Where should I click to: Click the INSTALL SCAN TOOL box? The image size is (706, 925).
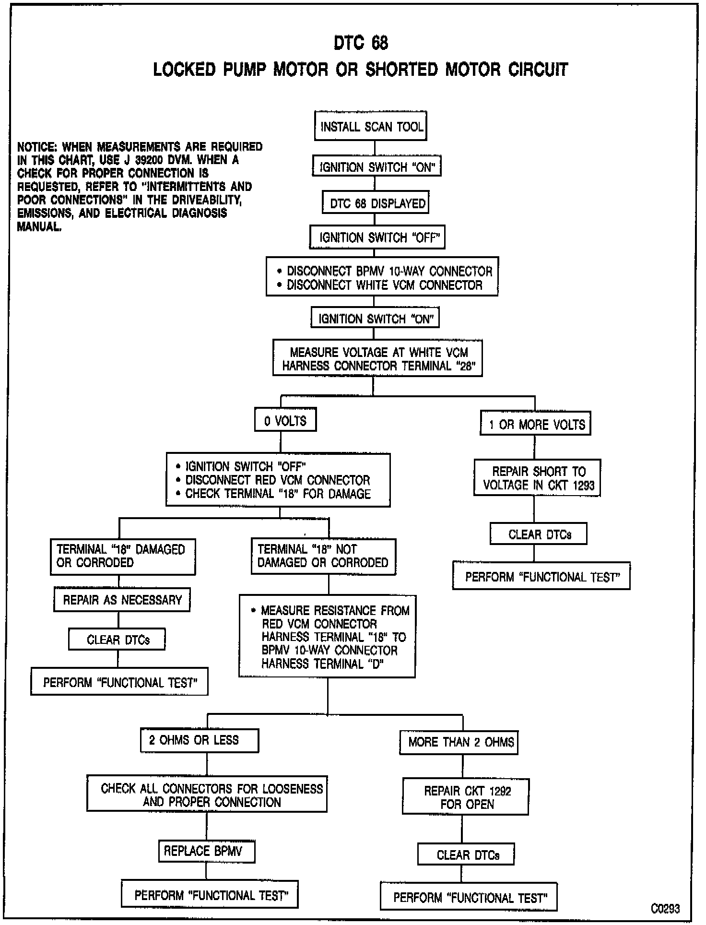[370, 126]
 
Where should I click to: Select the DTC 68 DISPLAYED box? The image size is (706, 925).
[375, 203]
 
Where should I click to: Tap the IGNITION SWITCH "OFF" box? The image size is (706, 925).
[377, 237]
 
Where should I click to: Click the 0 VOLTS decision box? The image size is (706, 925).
[285, 421]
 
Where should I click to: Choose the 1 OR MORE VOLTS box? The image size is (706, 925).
[535, 424]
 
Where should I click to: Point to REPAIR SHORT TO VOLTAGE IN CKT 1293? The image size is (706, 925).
[537, 478]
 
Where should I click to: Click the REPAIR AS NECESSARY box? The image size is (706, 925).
[122, 600]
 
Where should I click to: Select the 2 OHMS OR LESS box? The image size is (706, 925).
[200, 740]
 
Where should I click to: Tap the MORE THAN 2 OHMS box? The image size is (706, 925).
[459, 742]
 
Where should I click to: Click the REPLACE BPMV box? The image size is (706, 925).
[206, 851]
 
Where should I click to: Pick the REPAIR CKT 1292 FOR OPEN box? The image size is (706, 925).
[465, 797]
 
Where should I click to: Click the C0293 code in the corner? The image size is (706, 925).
[665, 908]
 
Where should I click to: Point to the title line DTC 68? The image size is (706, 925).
[361, 43]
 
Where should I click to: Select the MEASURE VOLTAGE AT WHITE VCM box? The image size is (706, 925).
[377, 358]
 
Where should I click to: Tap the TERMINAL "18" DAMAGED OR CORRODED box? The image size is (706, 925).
[123, 557]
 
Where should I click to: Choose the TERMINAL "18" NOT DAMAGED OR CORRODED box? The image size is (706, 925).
[323, 557]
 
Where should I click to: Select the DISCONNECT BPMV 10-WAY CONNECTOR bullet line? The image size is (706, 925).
[389, 271]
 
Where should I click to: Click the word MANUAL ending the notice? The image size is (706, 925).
[39, 227]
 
